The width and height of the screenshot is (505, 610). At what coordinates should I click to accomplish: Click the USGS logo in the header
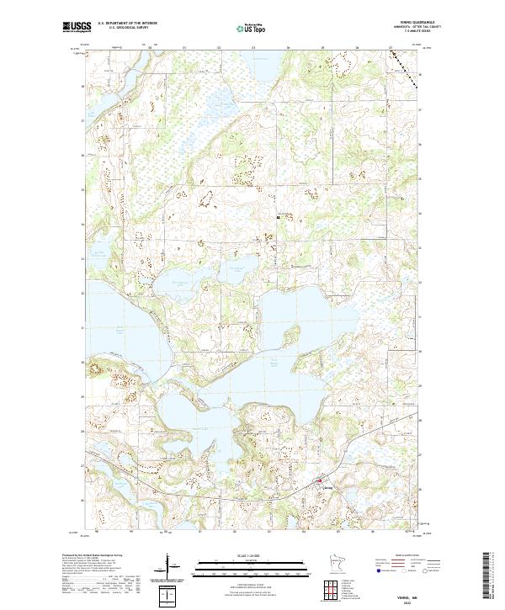pyautogui.click(x=77, y=28)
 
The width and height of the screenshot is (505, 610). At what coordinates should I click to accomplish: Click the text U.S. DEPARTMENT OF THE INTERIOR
pyautogui.click(x=127, y=24)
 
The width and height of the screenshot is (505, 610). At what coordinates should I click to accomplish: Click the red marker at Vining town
pyautogui.click(x=319, y=482)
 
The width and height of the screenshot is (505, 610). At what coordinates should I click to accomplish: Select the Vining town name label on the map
pyautogui.click(x=327, y=487)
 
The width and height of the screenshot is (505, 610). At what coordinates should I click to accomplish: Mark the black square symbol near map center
pyautogui.click(x=279, y=217)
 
